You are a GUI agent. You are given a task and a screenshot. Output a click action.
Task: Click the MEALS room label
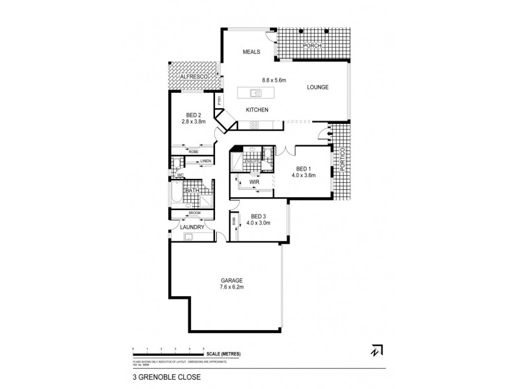(252, 52)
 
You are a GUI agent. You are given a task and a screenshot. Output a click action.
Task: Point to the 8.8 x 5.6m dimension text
(274, 80)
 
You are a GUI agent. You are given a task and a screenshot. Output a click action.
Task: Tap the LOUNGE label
(318, 87)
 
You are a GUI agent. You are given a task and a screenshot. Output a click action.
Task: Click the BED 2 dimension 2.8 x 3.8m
(194, 121)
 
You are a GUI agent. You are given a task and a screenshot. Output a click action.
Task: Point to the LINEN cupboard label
(205, 161)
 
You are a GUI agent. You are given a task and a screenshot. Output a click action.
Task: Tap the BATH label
(192, 191)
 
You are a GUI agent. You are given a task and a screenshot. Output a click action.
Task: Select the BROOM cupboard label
(195, 213)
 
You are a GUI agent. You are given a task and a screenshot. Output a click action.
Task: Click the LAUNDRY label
(192, 227)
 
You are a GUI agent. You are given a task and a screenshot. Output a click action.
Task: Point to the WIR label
(254, 183)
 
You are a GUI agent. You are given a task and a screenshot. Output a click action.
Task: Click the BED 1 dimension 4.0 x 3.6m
(303, 174)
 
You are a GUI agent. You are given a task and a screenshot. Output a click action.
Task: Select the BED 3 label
(258, 216)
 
